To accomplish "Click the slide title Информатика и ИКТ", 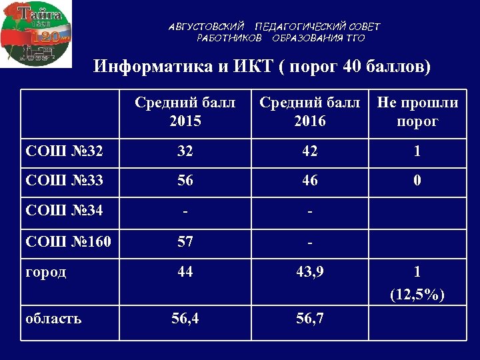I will click(x=262, y=67).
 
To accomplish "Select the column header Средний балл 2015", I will click(x=185, y=112).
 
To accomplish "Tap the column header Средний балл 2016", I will click(x=309, y=112).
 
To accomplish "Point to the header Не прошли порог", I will click(x=417, y=112).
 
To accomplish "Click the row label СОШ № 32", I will click(x=64, y=151).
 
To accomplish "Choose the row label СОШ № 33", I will click(x=64, y=180).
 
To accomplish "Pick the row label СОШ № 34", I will click(x=64, y=212).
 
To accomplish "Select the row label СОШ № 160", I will click(x=69, y=241).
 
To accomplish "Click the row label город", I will click(x=46, y=272).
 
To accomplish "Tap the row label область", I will click(x=53, y=318).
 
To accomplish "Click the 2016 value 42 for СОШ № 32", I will click(x=309, y=151).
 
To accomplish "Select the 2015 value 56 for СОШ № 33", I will click(x=185, y=180).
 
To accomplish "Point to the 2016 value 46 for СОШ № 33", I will click(x=309, y=180).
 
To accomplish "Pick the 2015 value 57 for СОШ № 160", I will click(x=185, y=241).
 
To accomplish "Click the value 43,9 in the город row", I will click(x=309, y=272).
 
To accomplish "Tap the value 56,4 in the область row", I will click(x=185, y=318).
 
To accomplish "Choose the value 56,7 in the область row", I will click(x=309, y=318).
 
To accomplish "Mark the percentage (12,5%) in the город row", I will click(x=417, y=295).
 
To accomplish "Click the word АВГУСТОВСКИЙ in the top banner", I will click(x=207, y=27).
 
